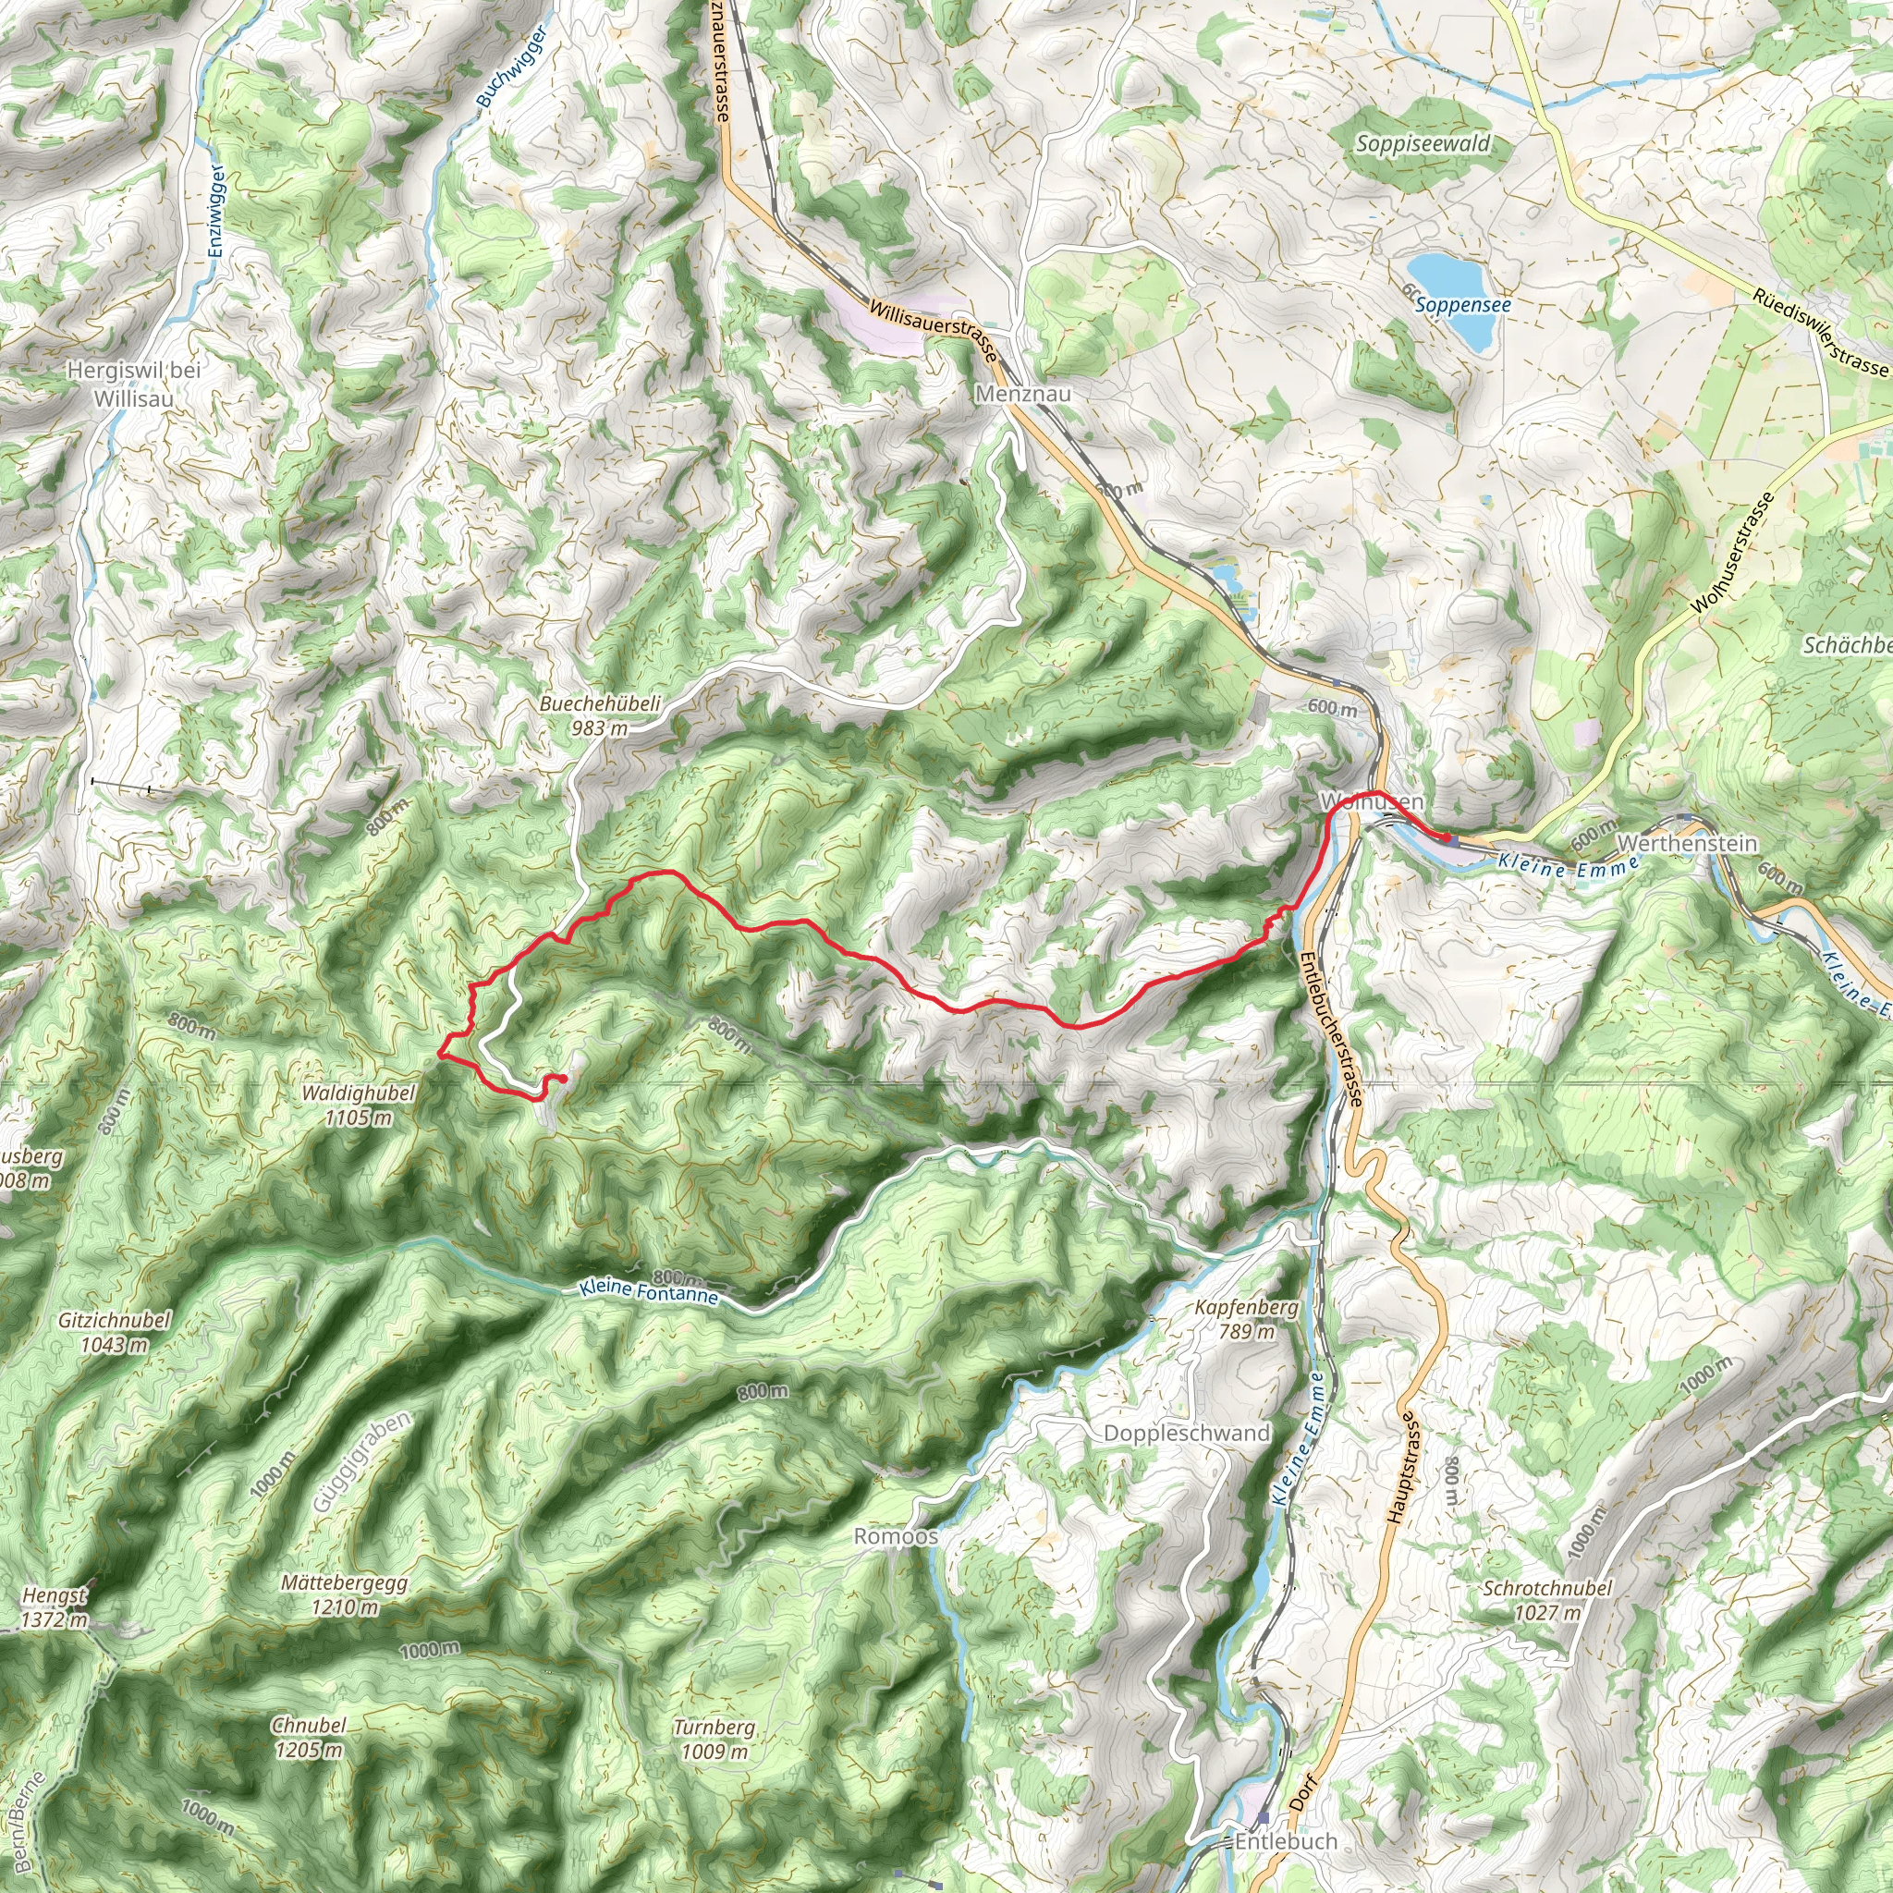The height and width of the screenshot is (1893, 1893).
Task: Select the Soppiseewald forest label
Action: (1423, 144)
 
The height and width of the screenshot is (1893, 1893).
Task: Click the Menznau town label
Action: (1023, 393)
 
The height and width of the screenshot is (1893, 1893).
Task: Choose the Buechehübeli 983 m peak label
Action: (600, 715)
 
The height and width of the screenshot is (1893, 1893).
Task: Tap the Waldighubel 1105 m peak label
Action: (359, 1105)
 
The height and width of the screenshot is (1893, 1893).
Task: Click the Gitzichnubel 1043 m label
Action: (115, 1332)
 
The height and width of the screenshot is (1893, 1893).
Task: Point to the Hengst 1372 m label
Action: (55, 1606)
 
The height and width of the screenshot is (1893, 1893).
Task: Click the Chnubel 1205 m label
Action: (309, 1736)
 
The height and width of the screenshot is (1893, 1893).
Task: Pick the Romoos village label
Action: (896, 1535)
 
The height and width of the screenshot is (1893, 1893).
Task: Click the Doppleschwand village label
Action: (1186, 1433)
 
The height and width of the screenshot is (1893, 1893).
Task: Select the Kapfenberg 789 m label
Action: (1246, 1319)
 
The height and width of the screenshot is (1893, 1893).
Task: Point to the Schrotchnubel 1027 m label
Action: (1547, 1599)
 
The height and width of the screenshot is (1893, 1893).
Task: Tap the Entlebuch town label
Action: (1286, 1841)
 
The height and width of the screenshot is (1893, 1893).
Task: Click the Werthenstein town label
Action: (1687, 843)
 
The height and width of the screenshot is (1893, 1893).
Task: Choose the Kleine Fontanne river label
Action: (649, 1291)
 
